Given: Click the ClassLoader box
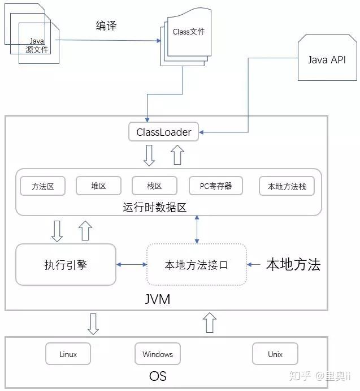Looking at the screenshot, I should click(x=164, y=132).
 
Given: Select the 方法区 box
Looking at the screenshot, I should click(x=42, y=186).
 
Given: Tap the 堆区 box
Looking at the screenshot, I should click(x=98, y=186).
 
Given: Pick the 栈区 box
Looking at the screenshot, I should click(x=154, y=186).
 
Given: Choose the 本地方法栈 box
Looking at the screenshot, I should click(x=287, y=186).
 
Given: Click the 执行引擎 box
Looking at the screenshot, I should click(x=66, y=264).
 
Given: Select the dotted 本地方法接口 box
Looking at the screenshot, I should click(x=196, y=264).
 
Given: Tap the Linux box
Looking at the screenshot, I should click(x=68, y=354).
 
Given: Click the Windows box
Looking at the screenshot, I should click(x=158, y=354).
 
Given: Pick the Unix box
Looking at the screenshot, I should click(x=275, y=354).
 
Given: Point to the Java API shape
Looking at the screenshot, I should click(x=326, y=60).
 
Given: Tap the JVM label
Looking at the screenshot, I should click(x=158, y=298).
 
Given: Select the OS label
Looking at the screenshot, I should click(x=158, y=376).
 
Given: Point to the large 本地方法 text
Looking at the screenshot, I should click(x=293, y=264).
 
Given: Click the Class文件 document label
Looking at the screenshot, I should click(x=189, y=32).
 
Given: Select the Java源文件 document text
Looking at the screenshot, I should click(x=38, y=45).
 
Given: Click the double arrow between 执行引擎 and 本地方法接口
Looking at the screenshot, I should click(x=131, y=264).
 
